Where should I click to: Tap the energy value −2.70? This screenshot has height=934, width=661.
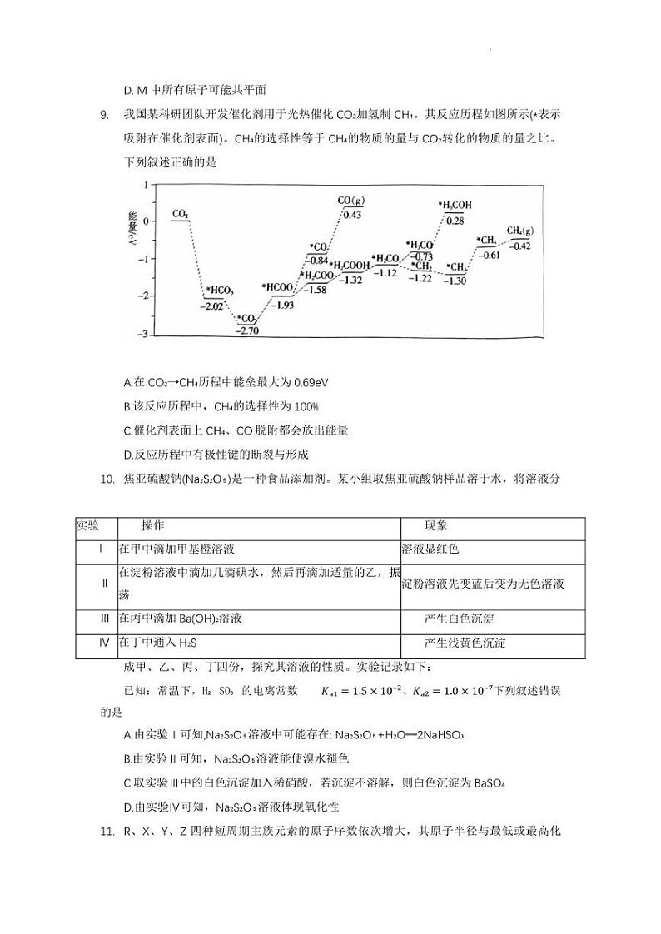[247, 330]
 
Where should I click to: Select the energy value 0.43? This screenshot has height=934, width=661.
[352, 215]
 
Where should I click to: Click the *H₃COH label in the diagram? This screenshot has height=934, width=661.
[455, 205]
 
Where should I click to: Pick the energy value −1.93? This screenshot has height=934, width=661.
[283, 306]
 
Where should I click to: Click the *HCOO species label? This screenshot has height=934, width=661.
[280, 287]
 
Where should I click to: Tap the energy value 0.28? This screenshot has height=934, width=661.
[455, 220]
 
